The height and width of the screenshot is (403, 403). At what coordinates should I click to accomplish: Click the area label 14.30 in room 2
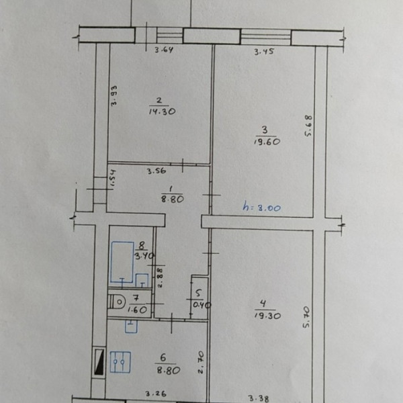[x=162, y=111]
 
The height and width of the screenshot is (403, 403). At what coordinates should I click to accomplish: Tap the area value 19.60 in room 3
[x=267, y=142]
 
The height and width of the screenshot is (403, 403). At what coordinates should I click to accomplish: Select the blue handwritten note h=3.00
[x=262, y=207]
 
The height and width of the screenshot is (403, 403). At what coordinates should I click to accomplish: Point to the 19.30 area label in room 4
[x=267, y=316]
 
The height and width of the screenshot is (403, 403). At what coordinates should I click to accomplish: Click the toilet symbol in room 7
[x=116, y=302]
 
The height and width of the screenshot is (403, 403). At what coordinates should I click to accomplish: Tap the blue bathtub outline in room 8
[x=122, y=262]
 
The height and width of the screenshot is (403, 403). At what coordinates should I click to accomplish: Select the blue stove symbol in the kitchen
[x=120, y=362]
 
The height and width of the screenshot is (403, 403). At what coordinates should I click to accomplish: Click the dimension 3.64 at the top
[x=164, y=50]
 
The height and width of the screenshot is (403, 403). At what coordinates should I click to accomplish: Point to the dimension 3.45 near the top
[x=264, y=52]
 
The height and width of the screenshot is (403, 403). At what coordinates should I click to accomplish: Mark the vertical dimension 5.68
[x=308, y=126]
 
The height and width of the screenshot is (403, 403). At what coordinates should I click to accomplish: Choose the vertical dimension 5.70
[x=306, y=317]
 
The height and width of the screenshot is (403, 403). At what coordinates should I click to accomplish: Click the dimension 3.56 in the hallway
[x=156, y=171]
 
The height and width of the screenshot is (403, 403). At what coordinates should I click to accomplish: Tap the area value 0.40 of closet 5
[x=201, y=305]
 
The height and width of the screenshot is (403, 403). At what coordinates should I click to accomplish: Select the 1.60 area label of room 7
[x=137, y=310]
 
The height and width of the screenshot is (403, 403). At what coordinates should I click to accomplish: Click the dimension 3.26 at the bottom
[x=156, y=394]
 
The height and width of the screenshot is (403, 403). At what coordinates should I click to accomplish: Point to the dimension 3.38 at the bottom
[x=259, y=398]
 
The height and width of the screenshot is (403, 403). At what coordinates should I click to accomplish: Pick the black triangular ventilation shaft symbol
[x=99, y=361]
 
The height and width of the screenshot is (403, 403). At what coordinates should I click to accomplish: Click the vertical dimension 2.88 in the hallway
[x=160, y=277]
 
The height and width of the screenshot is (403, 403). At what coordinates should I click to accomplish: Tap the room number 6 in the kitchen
[x=163, y=357]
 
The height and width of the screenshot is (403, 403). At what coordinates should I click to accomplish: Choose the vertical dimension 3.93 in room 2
[x=114, y=95]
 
